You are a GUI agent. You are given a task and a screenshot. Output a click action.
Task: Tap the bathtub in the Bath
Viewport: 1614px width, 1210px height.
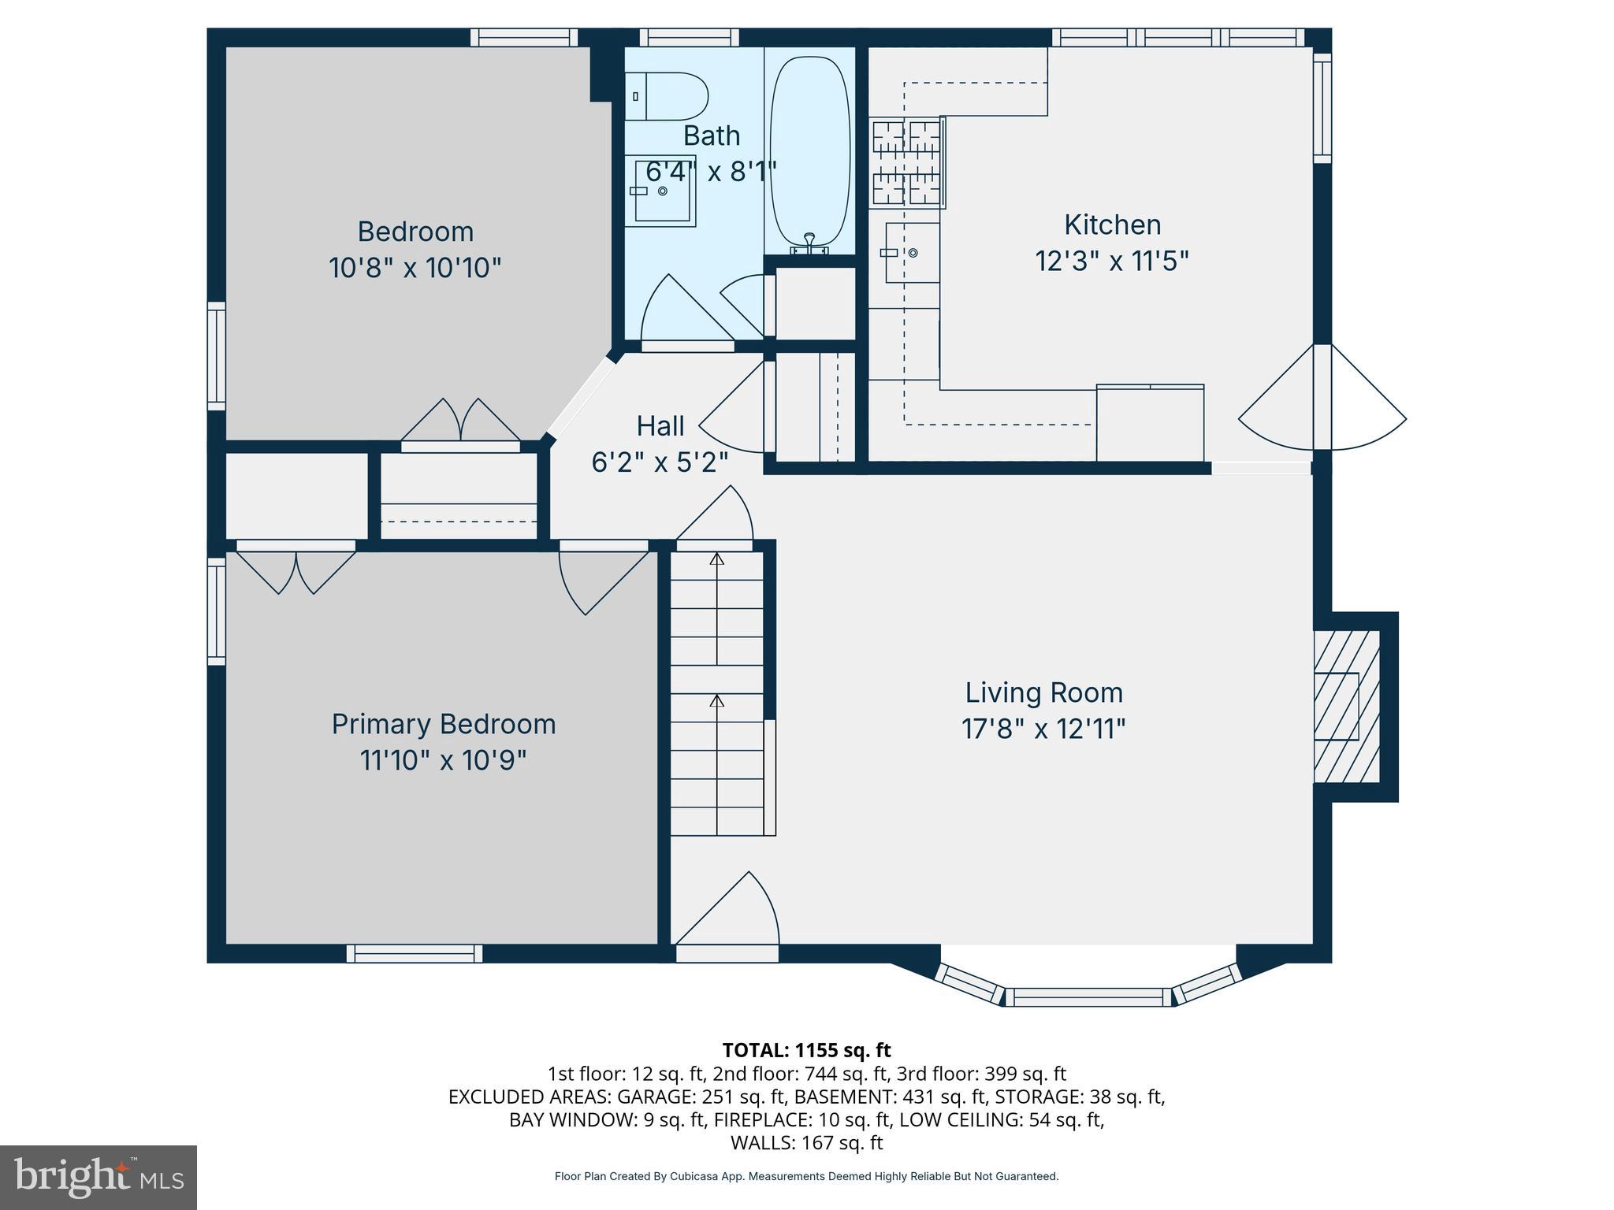810,150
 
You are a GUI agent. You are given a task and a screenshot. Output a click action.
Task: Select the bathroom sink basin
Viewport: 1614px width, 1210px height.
660,191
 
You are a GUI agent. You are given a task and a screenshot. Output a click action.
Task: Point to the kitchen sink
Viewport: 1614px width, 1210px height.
912,252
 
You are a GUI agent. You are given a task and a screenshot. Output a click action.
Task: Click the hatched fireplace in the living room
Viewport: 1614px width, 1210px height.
1347,707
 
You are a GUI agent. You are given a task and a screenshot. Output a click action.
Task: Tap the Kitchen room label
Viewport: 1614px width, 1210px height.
1112,225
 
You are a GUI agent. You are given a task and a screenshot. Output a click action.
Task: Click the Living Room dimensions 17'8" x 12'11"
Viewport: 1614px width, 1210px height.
1043,729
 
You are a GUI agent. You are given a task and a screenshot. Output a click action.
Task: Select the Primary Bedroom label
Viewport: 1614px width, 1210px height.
444,724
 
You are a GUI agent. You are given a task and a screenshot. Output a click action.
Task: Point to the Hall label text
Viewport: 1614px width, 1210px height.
660,426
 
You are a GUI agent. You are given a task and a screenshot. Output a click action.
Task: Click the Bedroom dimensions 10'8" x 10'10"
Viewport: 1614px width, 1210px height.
415,268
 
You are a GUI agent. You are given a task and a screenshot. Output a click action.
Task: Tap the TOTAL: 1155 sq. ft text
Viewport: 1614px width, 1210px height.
806,1050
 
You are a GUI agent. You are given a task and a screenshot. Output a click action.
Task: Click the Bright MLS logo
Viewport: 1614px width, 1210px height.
99,1177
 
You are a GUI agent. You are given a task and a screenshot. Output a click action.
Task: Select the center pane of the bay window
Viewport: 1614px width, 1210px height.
1088,997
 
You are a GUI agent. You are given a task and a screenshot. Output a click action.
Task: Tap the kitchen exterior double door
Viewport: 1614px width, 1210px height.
1322,410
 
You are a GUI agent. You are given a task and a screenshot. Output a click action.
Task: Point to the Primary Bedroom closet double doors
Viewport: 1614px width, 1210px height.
296,569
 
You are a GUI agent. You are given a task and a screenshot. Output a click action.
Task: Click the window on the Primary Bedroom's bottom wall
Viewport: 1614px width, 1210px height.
415,953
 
